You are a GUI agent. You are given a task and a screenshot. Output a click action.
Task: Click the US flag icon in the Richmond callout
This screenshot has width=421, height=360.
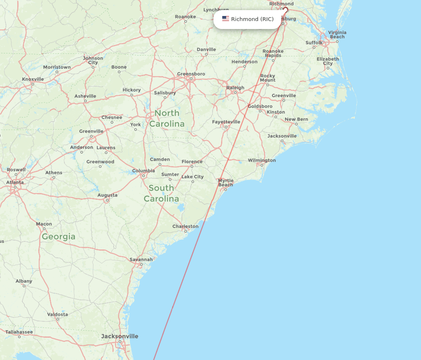click(226, 19)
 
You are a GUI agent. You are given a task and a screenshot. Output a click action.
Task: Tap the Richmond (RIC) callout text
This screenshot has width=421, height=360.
click(252, 19)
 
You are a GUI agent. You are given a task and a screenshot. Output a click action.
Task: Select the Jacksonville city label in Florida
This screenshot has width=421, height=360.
click(120, 336)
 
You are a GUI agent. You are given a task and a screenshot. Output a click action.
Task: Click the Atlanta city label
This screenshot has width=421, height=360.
click(15, 182)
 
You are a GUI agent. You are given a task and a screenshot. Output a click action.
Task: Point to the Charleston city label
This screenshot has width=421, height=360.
click(185, 226)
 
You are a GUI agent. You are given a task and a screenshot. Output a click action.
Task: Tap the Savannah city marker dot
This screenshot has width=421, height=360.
click(141, 265)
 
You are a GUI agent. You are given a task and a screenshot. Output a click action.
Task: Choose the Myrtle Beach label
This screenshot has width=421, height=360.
click(226, 183)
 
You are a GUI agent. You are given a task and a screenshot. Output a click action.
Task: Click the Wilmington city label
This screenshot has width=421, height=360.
click(262, 160)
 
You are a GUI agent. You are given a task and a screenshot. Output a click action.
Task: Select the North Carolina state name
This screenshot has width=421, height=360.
click(167, 119)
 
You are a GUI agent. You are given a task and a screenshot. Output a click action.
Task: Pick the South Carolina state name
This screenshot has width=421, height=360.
click(161, 193)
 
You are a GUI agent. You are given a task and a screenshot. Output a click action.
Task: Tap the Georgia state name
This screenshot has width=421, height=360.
click(59, 237)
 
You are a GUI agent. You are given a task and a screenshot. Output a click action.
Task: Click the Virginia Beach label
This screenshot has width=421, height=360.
click(337, 34)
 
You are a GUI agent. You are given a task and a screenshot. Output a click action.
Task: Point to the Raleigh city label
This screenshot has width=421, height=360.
click(235, 87)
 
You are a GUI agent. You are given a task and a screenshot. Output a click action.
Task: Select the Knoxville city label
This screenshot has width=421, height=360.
click(33, 79)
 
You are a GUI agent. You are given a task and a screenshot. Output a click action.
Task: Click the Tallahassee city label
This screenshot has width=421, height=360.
click(19, 332)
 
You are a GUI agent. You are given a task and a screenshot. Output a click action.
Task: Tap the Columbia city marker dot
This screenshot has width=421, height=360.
click(143, 176)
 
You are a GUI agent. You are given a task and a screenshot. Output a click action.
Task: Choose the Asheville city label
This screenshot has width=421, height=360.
click(85, 96)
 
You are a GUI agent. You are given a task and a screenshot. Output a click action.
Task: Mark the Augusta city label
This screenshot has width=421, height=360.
click(107, 195)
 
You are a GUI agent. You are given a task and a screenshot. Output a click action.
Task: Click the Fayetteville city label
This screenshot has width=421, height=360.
click(226, 122)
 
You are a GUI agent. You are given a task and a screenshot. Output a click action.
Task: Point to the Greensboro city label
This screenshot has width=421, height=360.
click(191, 74)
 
